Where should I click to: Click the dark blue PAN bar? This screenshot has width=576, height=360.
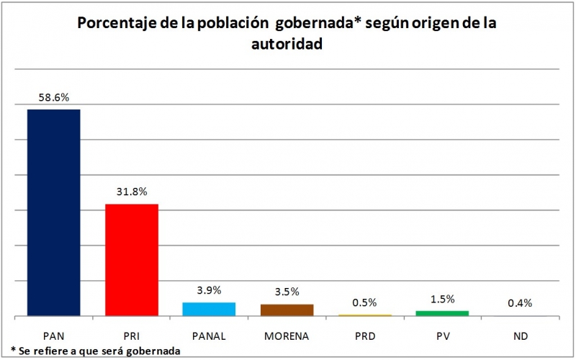[53, 212]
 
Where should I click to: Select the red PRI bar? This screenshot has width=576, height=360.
[132, 260]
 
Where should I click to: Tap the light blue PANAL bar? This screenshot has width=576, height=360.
[209, 309]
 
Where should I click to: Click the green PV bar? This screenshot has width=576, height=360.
[442, 313]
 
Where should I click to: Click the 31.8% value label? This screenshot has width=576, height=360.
[132, 192]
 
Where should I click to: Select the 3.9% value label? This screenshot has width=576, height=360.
[209, 290]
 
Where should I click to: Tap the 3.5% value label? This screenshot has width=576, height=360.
[287, 292]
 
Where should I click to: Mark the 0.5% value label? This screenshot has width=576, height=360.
[364, 302]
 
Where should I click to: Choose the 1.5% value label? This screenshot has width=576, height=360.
[442, 299]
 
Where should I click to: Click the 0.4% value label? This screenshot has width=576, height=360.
[519, 303]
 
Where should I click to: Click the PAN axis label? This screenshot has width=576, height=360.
[53, 336]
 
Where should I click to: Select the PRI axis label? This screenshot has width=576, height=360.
[132, 336]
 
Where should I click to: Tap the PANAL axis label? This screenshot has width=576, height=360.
[209, 336]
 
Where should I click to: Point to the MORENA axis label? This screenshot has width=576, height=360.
[287, 336]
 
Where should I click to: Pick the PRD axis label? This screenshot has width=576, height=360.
[364, 336]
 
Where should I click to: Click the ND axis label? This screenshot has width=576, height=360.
[519, 336]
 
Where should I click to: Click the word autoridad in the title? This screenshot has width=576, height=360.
[286, 45]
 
